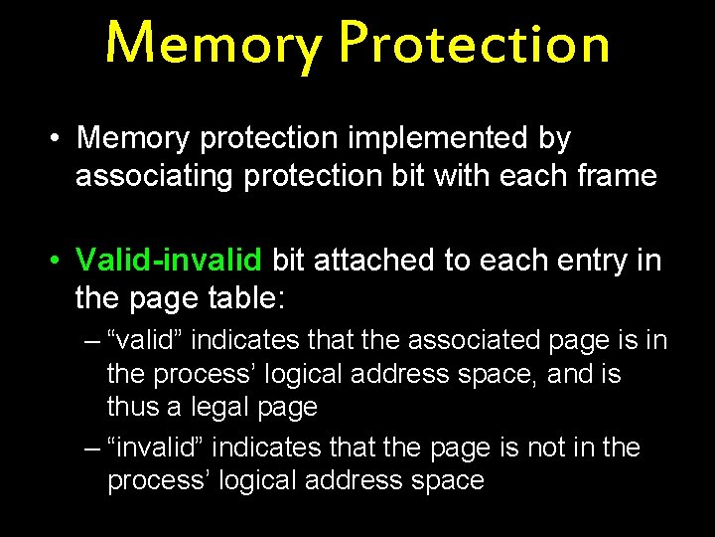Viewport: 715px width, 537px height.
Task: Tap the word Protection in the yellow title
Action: click(x=473, y=43)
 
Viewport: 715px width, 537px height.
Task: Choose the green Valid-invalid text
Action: click(x=169, y=261)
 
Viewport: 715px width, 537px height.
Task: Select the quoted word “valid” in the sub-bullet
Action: click(x=150, y=341)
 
